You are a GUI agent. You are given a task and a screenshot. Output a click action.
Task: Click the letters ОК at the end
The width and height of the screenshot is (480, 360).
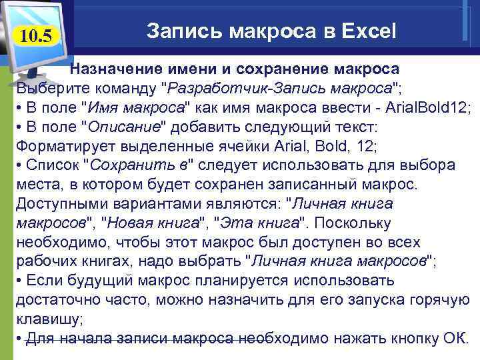coord(453,338)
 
